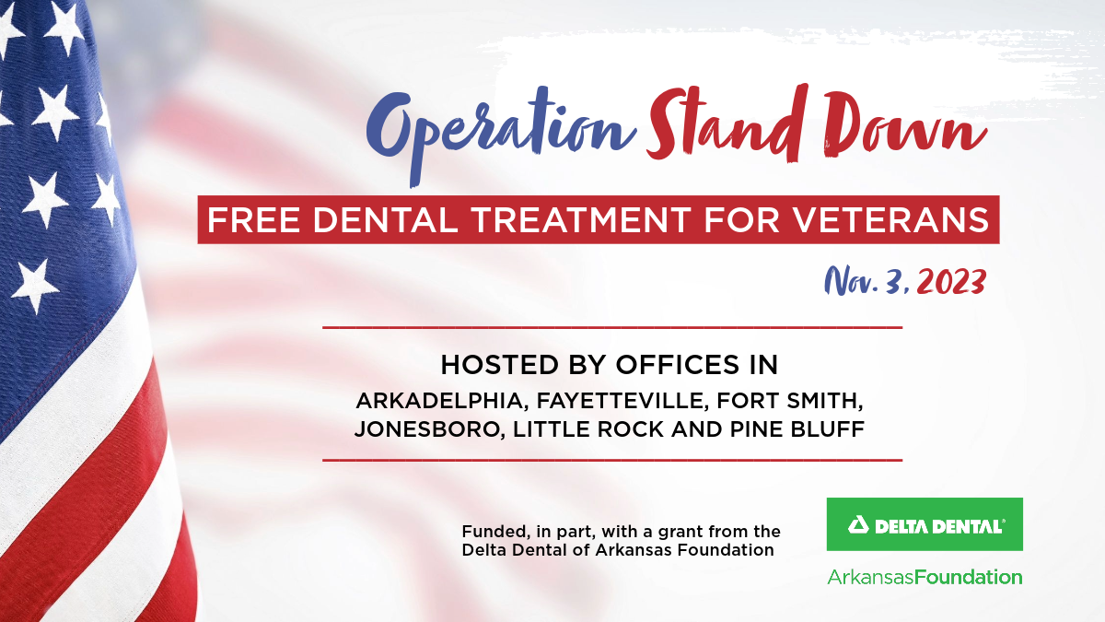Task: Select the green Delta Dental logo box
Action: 925,524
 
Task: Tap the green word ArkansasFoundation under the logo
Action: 925,578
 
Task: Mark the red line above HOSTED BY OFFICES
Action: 611,327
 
